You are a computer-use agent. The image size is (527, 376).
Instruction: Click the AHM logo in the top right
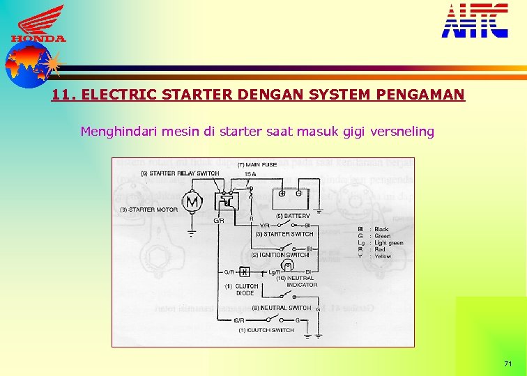(475, 20)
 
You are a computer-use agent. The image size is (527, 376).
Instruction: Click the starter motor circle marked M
(192, 202)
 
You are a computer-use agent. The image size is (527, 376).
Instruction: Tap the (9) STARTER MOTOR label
(148, 210)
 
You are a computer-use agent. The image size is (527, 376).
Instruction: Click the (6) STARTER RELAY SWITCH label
(180, 173)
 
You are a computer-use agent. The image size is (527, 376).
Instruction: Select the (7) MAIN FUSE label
(257, 165)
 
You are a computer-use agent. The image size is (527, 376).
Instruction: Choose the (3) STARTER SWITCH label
(284, 234)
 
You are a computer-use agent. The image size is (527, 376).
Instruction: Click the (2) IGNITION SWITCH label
(280, 255)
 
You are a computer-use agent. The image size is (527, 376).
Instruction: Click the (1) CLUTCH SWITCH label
(266, 330)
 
